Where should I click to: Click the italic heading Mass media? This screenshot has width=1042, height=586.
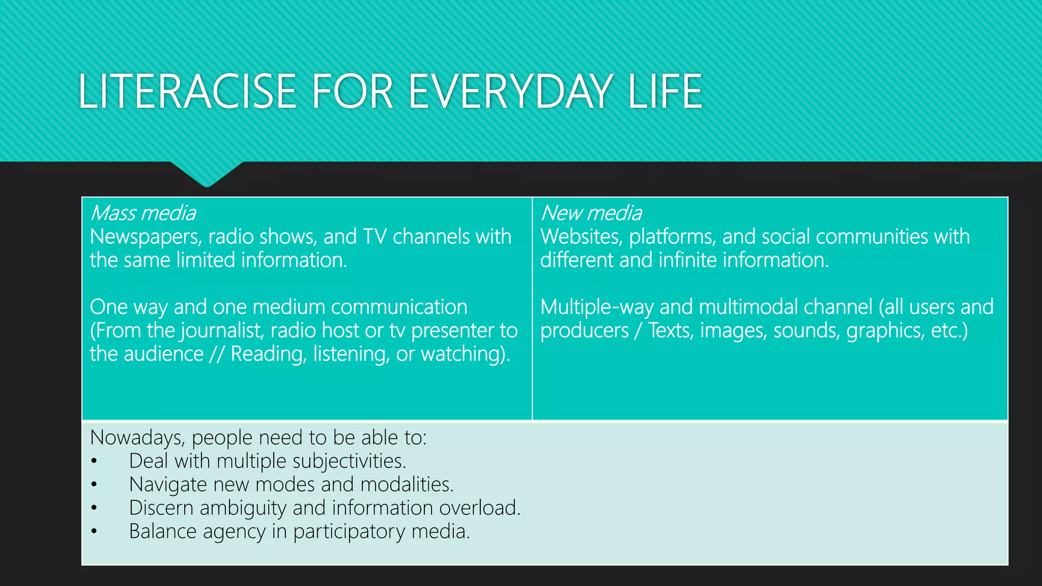coord(142,213)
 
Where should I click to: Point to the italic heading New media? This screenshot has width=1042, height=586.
coord(591,213)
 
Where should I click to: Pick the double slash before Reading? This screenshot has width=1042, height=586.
coord(217,355)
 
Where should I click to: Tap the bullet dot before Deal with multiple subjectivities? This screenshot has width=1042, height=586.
coord(94,462)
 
